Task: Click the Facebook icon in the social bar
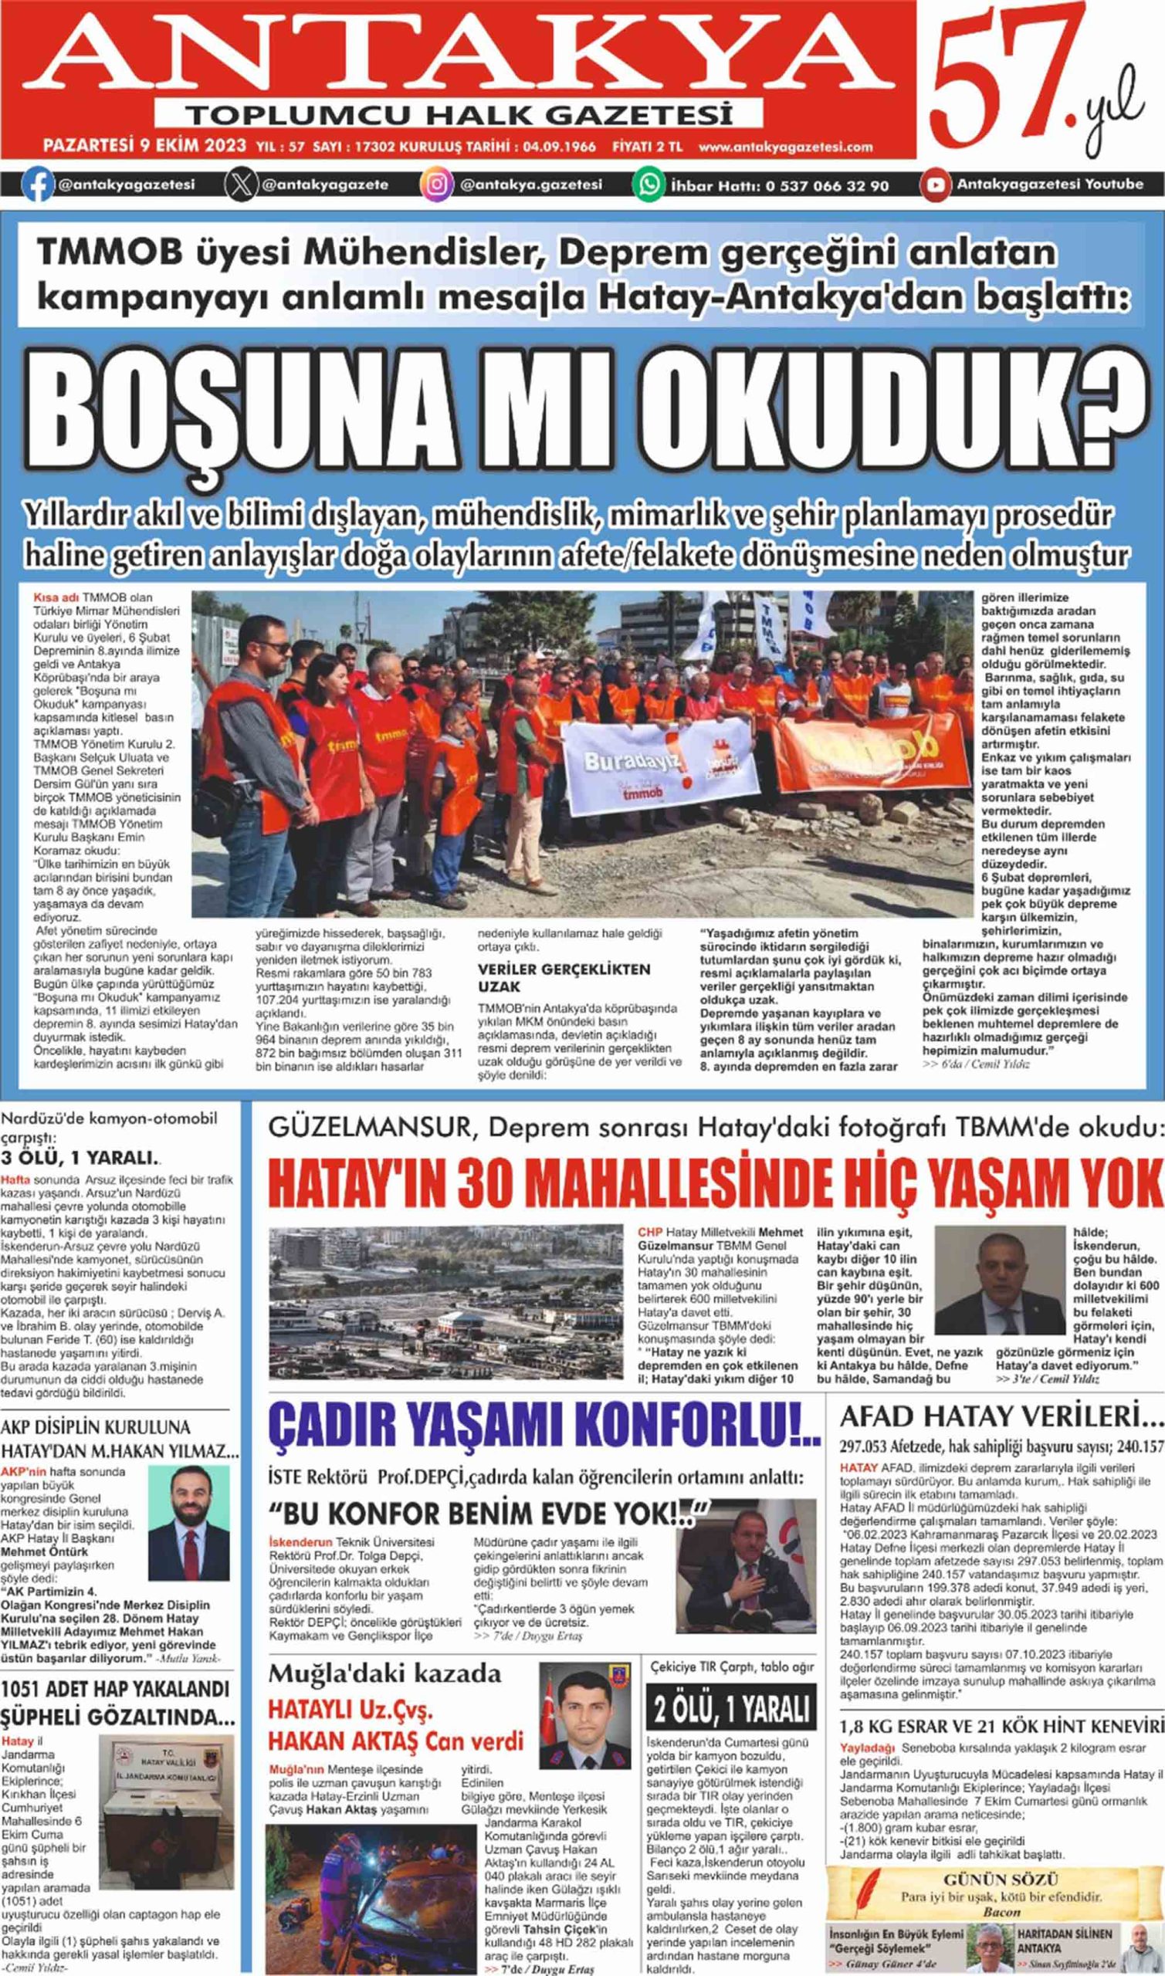coord(36,185)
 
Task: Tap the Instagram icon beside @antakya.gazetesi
coord(437,185)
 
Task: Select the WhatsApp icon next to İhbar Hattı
coord(650,185)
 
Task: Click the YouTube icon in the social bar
coord(934,185)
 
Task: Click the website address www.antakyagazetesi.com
coord(786,147)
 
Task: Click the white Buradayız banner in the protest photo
coord(660,766)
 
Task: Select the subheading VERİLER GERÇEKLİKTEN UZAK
coord(564,977)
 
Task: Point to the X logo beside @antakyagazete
coord(241,185)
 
